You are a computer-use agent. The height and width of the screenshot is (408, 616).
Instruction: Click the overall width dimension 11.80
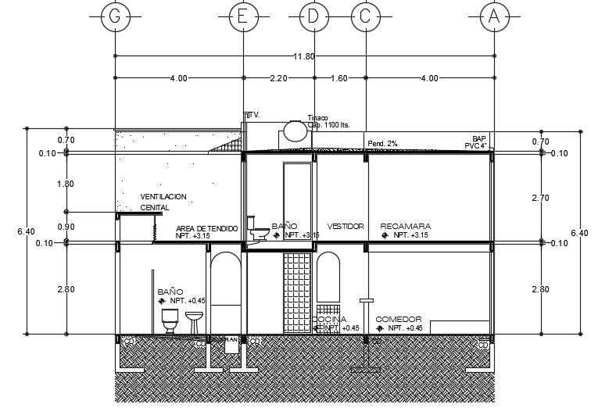tap(303, 56)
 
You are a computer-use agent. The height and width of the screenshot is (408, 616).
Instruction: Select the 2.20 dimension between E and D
tap(279, 78)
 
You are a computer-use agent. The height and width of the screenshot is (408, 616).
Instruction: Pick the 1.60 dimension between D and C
tap(339, 78)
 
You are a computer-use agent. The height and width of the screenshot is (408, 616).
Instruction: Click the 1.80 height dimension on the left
tap(67, 184)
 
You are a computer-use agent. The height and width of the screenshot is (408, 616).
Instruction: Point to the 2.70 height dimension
tap(540, 199)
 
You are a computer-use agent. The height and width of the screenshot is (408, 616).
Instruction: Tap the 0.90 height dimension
tap(67, 227)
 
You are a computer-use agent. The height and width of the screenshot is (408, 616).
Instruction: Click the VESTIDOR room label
tap(346, 227)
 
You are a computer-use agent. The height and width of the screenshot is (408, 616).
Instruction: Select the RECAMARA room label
tap(405, 227)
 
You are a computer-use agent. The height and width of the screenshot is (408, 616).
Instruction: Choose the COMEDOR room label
tap(399, 320)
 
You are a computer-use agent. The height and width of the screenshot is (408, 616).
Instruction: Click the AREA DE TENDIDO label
tap(206, 227)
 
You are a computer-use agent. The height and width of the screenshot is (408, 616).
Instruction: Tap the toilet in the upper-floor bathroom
tap(257, 230)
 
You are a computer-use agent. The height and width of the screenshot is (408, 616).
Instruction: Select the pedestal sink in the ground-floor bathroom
tap(194, 321)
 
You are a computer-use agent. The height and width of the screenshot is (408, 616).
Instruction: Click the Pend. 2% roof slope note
tap(382, 144)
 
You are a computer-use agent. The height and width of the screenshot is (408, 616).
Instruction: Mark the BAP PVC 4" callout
tap(478, 141)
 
